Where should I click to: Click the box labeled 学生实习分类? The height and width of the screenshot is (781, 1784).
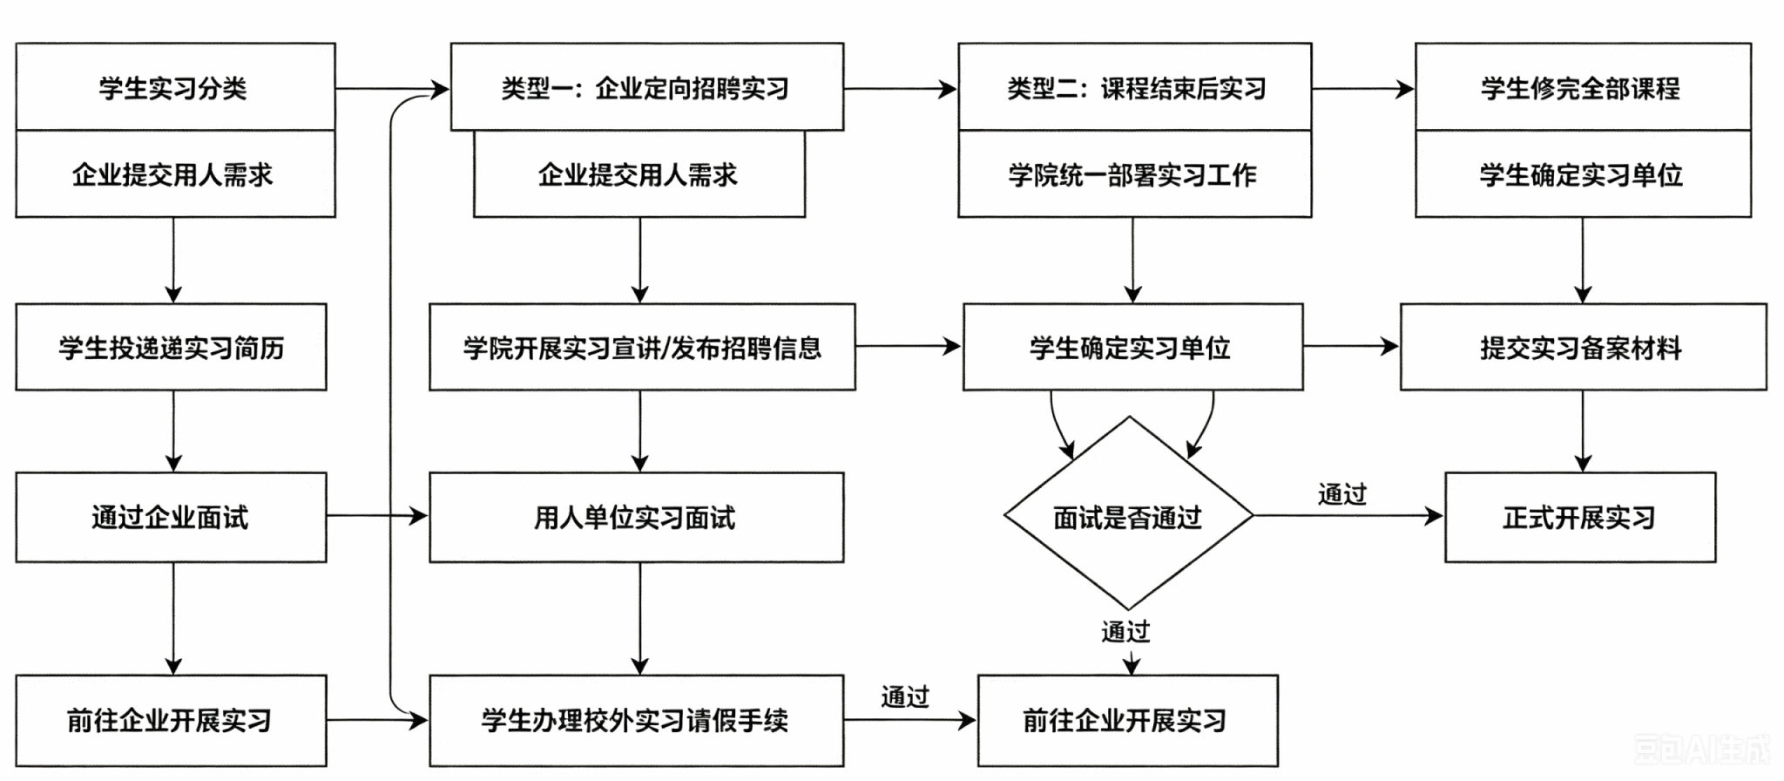175,87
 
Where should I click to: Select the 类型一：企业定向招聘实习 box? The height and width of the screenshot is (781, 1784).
647,87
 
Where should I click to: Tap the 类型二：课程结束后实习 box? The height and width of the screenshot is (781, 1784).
1135,87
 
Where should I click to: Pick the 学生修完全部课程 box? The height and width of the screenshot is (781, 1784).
1583,87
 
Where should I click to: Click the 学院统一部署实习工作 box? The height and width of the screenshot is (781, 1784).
1135,174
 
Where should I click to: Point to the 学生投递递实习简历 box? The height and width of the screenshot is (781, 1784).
171,347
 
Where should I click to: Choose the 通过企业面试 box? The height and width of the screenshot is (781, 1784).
171,518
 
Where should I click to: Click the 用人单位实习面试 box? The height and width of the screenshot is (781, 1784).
637,518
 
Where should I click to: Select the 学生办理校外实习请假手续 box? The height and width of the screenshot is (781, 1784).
637,721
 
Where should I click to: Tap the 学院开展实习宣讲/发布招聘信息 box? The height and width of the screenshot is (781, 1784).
642,347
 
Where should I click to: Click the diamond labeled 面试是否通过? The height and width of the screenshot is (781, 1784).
1129,513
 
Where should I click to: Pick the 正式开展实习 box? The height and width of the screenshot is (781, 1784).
1580,518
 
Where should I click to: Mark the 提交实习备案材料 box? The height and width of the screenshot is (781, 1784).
1584,347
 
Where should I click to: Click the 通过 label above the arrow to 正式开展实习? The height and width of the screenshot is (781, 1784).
1342,494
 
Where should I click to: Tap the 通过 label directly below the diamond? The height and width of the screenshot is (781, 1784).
1125,631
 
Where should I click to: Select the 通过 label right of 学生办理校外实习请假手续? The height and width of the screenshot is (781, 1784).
905,696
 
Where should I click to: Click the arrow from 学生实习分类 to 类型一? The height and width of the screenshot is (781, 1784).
393,88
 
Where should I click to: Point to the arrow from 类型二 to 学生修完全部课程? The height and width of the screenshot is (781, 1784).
1364,88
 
